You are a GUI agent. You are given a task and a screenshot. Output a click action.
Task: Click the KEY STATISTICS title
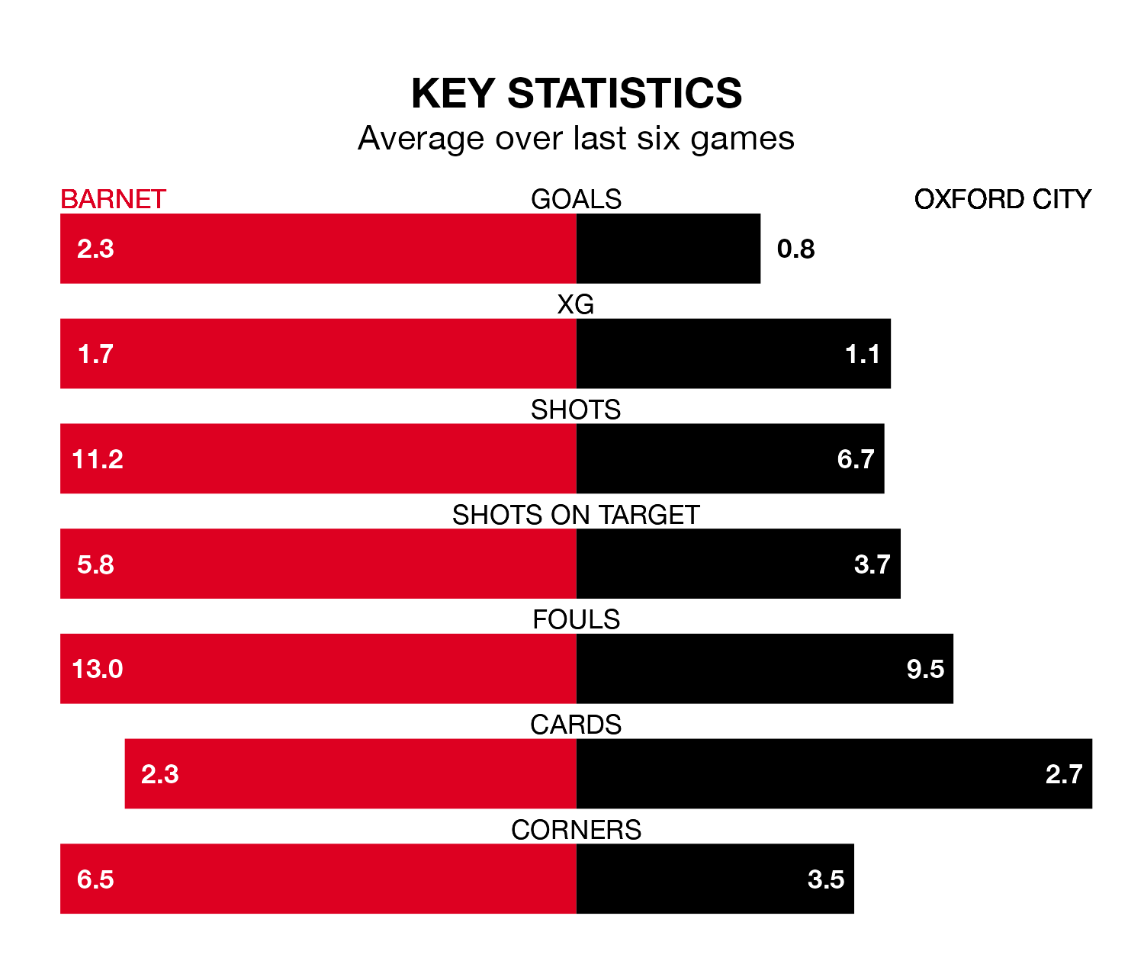(576, 93)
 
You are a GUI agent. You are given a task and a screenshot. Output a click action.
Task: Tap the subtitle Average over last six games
(576, 139)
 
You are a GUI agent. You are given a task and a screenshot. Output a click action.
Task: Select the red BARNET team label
(113, 199)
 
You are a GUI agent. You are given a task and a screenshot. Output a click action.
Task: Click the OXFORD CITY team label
(1002, 199)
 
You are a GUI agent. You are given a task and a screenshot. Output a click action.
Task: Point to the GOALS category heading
(576, 199)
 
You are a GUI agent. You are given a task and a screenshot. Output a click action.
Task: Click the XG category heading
(576, 304)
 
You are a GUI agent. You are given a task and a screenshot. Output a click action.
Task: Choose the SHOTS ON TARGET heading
(576, 515)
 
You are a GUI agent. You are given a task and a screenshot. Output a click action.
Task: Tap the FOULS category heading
(576, 619)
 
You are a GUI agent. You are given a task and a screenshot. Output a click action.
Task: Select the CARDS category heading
(576, 725)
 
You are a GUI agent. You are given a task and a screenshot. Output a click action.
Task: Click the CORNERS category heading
(576, 830)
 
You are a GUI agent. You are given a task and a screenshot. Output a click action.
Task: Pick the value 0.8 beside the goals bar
(795, 249)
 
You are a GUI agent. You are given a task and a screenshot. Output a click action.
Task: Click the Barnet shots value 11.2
(98, 459)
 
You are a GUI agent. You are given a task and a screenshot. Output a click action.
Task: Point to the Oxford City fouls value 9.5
(925, 669)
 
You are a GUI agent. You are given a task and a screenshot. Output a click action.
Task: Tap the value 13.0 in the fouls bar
(98, 669)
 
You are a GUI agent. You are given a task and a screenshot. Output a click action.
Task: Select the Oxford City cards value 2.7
(1064, 774)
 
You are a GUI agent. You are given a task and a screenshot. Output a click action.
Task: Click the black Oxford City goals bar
(668, 249)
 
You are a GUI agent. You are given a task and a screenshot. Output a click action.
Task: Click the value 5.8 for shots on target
(95, 564)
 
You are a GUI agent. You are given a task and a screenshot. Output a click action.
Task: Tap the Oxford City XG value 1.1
(863, 354)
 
